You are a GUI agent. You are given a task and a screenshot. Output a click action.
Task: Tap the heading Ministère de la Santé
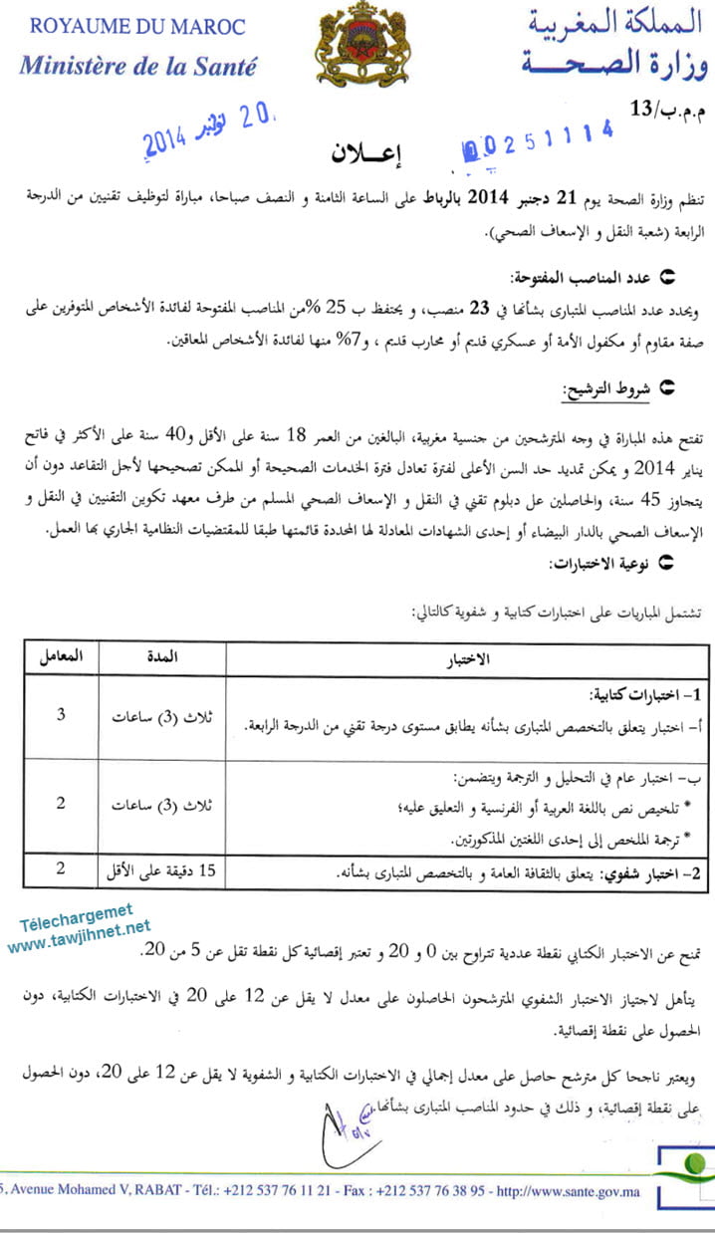point(137,67)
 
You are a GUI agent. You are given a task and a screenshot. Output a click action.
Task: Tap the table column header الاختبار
point(468,659)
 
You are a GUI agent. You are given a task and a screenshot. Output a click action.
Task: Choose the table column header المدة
point(161,658)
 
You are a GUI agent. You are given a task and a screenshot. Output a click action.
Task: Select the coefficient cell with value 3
point(61,715)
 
